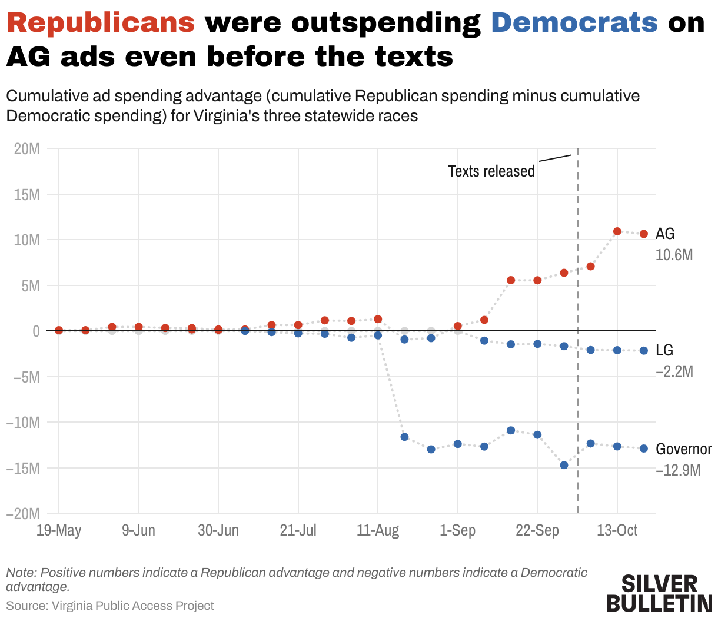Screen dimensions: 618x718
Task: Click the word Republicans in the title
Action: pos(101,23)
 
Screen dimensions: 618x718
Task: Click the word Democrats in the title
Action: pos(574,23)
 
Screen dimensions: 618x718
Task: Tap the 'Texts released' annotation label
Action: pos(491,171)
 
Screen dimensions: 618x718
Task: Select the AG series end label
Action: pos(665,234)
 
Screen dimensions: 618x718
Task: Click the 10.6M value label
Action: pos(674,255)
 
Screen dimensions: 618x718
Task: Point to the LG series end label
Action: pos(664,350)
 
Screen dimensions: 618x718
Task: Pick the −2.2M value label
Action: pos(674,371)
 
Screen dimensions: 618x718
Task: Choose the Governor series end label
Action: pos(683,449)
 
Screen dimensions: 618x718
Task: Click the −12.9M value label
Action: pos(678,470)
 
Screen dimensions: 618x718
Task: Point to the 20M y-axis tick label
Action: pos(27,149)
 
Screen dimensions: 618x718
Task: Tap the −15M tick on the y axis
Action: pos(23,469)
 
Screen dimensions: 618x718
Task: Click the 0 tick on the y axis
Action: pos(36,331)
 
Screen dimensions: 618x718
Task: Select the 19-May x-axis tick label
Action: pos(59,530)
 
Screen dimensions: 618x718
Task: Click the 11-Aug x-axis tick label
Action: pos(378,530)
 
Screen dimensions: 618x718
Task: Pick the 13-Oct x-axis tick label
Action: pos(617,530)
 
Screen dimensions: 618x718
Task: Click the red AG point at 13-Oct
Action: pos(617,231)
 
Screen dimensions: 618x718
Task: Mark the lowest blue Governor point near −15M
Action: pos(564,465)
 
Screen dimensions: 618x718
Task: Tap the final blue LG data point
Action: pos(644,351)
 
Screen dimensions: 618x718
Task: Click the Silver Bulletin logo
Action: pos(659,593)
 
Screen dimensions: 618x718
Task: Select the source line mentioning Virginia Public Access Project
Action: pos(110,606)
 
